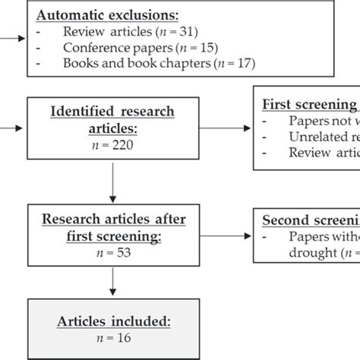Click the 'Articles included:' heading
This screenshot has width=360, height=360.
point(112,321)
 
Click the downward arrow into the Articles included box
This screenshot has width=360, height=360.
point(112,282)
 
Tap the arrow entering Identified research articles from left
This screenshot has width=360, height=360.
point(12,126)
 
